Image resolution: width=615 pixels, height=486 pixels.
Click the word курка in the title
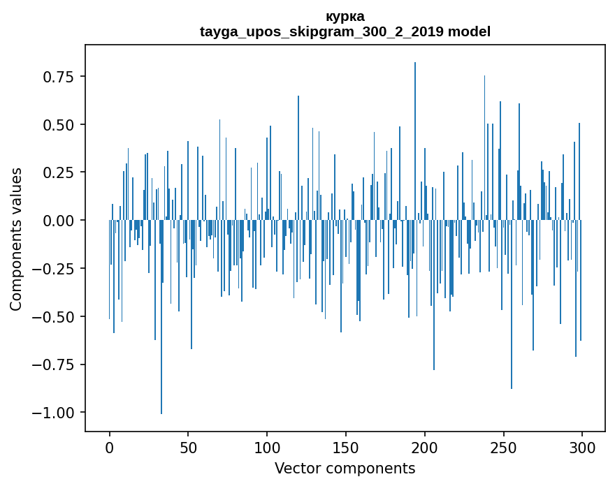pyautogui.click(x=345, y=17)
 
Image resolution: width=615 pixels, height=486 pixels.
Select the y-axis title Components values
pyautogui.click(x=16, y=239)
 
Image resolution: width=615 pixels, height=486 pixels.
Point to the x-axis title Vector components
pyautogui.click(x=345, y=469)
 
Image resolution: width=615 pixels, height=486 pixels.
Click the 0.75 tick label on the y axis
pyautogui.click(x=59, y=77)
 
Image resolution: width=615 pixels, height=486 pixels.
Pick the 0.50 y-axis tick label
pyautogui.click(x=59, y=125)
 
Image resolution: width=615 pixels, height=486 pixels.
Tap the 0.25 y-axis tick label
pyautogui.click(x=59, y=172)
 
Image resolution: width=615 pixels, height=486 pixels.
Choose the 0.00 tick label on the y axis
pyautogui.click(x=59, y=221)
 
